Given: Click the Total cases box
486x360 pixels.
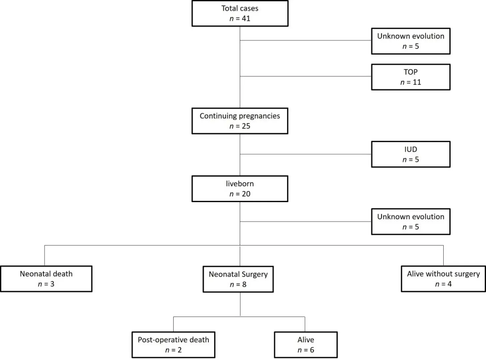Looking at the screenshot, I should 240,14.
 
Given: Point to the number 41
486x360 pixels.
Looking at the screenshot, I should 246,19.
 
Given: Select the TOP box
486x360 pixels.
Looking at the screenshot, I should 411,77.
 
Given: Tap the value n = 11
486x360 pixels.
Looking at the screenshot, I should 411,82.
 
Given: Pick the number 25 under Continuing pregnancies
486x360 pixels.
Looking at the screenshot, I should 246,126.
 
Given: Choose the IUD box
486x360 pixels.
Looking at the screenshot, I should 411,154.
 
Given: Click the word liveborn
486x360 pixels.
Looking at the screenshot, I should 240,184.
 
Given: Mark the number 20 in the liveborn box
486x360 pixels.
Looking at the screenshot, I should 246,194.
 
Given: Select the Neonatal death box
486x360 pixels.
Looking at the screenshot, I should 46,279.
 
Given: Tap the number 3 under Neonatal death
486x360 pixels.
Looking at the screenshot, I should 52,284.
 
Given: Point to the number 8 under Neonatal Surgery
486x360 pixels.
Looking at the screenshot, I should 244,285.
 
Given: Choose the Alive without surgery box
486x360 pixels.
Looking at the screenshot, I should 443,279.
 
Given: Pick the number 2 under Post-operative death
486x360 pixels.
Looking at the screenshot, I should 180,350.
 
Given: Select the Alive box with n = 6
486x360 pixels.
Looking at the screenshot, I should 306,345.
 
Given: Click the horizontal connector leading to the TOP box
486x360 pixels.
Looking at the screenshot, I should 305,76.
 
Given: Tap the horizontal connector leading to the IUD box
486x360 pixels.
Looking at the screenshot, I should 305,154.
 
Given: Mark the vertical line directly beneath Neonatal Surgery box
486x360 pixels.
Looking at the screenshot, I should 240,304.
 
